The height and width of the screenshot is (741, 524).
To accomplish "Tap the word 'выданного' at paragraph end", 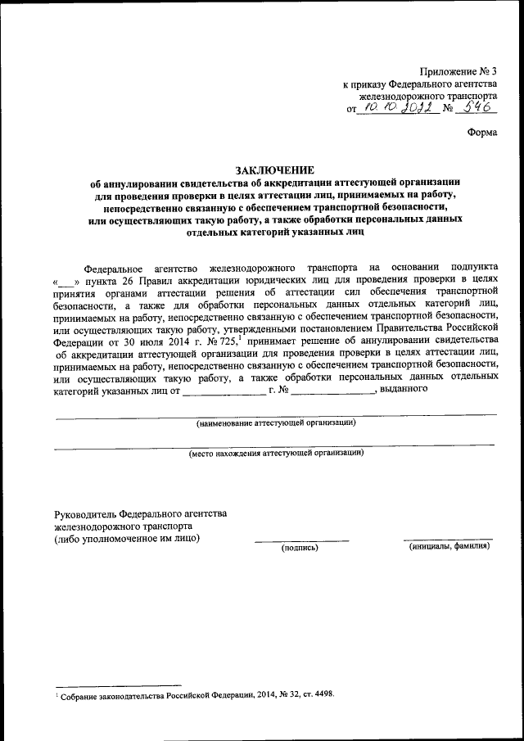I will (x=404, y=388).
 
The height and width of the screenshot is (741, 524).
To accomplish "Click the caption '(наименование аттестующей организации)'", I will (x=274, y=422).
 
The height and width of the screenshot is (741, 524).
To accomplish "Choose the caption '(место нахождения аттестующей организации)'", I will (x=274, y=452).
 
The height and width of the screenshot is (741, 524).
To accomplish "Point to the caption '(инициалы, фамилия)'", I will (x=449, y=546).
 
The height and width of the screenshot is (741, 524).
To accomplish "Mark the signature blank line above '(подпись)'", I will (x=301, y=540).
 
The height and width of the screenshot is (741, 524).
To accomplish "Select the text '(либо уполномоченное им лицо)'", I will (x=126, y=538).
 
